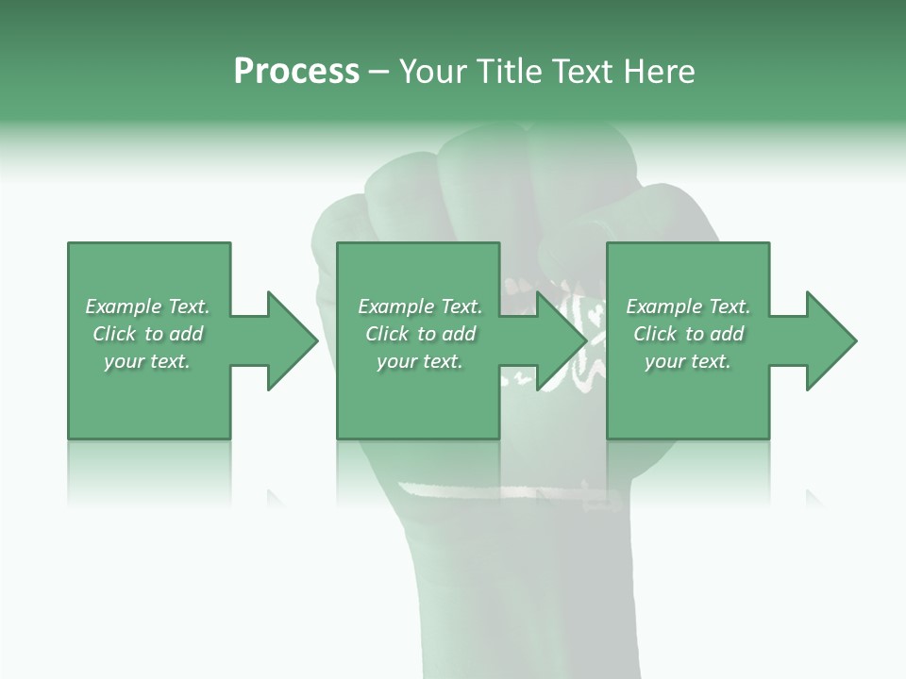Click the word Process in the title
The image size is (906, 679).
pyautogui.click(x=296, y=71)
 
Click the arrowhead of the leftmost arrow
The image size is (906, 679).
pyautogui.click(x=293, y=340)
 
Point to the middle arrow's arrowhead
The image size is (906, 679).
pyautogui.click(x=562, y=340)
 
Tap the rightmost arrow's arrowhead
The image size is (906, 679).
pyautogui.click(x=831, y=340)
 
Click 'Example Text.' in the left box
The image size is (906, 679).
pyautogui.click(x=147, y=306)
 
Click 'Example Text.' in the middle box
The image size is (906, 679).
pyautogui.click(x=420, y=306)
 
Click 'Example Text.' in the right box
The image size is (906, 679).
pyautogui.click(x=688, y=306)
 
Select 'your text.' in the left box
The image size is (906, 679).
pyautogui.click(x=147, y=361)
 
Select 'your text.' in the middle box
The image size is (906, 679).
pyautogui.click(x=420, y=361)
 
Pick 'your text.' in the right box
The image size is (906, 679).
pyautogui.click(x=688, y=361)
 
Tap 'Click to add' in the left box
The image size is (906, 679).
pyautogui.click(x=147, y=334)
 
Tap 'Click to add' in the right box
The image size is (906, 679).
pyautogui.click(x=688, y=334)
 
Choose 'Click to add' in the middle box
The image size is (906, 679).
pyautogui.click(x=420, y=334)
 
